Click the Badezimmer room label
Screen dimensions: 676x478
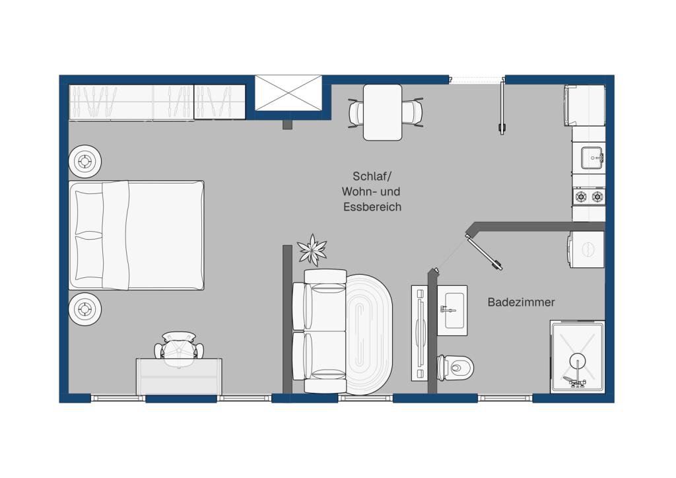521,302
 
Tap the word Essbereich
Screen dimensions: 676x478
372,207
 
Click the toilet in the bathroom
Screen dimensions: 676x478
456,368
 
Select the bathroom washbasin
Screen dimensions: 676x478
452,310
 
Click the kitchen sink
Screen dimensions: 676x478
591,158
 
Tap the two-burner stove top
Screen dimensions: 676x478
589,197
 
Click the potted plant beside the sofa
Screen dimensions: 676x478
312,250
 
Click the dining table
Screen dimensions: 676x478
383,112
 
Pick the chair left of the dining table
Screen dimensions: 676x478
356,113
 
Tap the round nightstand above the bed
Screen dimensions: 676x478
85,161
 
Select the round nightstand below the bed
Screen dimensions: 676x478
85,309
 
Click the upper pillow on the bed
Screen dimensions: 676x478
89,213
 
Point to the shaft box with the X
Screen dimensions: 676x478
288,92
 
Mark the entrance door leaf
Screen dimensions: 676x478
502,106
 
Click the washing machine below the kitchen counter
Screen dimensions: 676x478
586,250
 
